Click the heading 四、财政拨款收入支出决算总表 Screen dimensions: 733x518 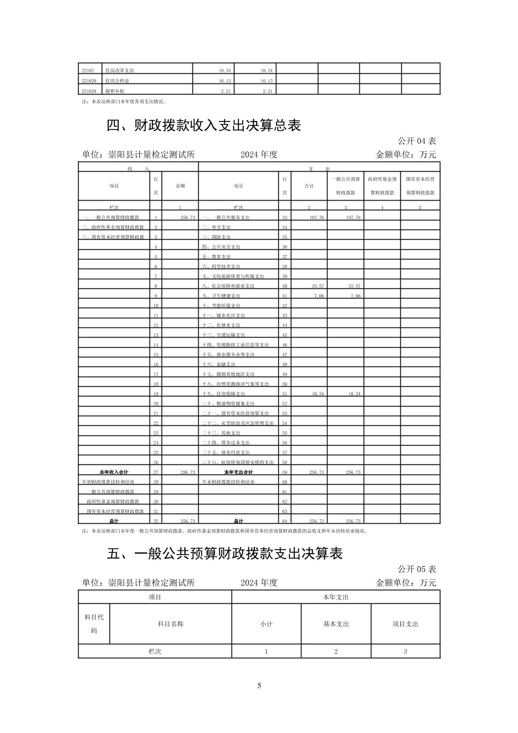click(x=204, y=125)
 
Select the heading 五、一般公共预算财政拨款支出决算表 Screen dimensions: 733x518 click(x=224, y=553)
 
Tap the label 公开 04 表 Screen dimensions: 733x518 click(x=417, y=141)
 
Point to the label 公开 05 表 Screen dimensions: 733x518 click(x=417, y=569)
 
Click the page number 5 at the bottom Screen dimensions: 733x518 click(x=259, y=686)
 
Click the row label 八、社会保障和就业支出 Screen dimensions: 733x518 click(x=228, y=286)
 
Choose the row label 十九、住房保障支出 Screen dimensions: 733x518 click(x=223, y=394)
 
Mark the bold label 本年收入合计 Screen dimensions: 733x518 click(x=114, y=472)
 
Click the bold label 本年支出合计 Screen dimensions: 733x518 click(x=238, y=472)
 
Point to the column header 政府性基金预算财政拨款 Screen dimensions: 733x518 click(x=382, y=186)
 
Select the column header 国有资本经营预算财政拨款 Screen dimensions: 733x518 click(x=420, y=186)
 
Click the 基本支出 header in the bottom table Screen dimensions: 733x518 click(x=336, y=624)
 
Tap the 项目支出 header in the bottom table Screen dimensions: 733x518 click(x=405, y=624)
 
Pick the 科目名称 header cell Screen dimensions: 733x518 click(x=170, y=624)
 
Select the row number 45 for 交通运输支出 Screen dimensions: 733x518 click(x=285, y=335)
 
